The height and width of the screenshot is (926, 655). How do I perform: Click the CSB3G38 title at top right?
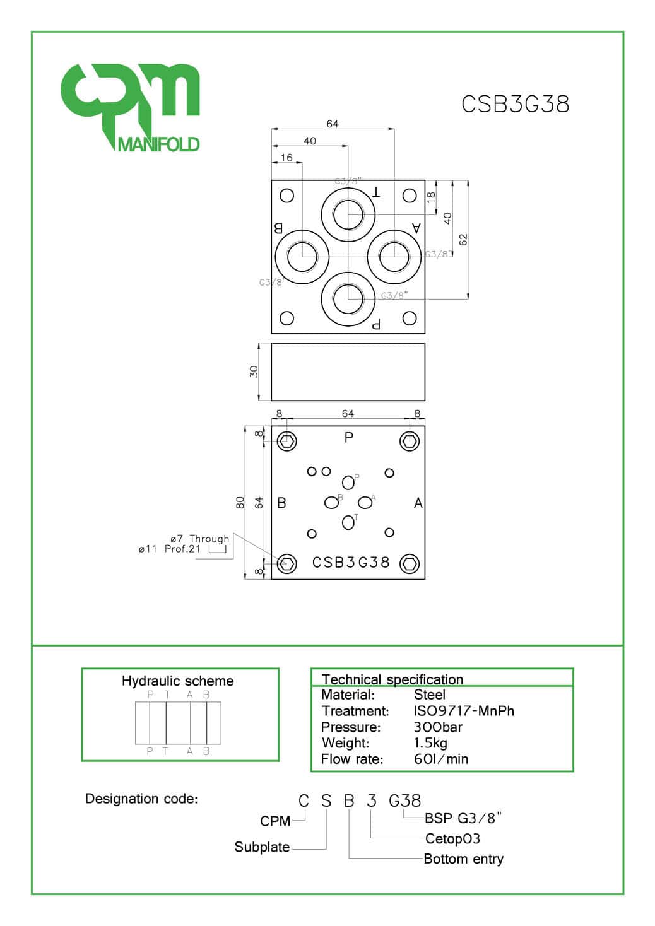[x=515, y=104]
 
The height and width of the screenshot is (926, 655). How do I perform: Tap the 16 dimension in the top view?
[x=286, y=158]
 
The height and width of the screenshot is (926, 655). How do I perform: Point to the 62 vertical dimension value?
[x=464, y=240]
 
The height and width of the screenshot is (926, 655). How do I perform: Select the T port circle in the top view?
[x=348, y=214]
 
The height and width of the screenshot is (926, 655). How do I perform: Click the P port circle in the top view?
[x=348, y=299]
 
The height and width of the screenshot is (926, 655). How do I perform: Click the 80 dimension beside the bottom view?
[x=240, y=503]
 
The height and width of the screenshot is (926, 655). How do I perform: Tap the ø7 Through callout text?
[x=199, y=539]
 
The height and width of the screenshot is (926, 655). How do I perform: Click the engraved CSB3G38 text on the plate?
[x=351, y=563]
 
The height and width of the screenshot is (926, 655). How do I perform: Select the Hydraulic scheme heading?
[x=177, y=681]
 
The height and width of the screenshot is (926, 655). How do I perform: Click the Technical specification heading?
[x=392, y=679]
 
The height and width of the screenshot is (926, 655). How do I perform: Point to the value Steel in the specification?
[x=430, y=695]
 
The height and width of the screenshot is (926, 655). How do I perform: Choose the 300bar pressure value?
[x=438, y=727]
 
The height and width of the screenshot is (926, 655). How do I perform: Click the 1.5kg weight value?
[x=430, y=743]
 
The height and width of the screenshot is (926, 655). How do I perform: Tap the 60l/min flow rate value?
[x=441, y=759]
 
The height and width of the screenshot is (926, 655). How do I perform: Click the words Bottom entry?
[x=463, y=859]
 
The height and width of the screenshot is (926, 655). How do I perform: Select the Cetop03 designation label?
[x=452, y=839]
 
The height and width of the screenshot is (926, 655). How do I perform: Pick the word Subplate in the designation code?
[x=262, y=847]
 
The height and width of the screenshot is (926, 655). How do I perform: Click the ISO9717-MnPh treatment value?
[x=464, y=711]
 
